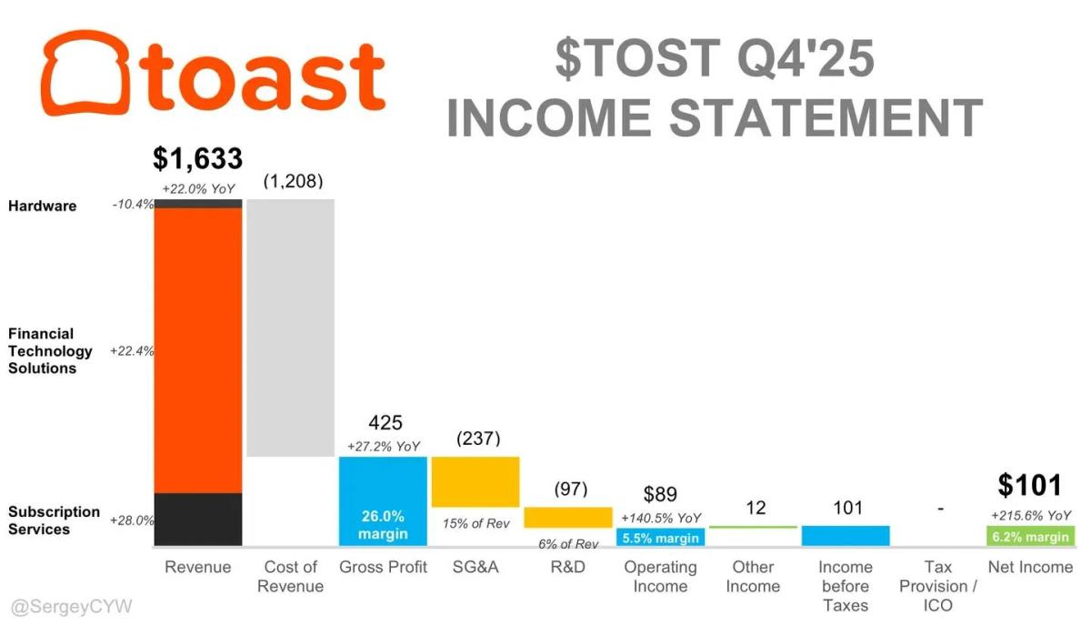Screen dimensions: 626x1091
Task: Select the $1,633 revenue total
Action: point(197,159)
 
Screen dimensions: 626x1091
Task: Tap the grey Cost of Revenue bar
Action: point(290,328)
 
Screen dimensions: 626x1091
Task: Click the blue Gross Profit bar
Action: point(383,500)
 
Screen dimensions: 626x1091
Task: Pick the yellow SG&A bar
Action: point(475,481)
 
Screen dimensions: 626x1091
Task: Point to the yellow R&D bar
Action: point(567,517)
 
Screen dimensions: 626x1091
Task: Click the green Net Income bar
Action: point(1030,536)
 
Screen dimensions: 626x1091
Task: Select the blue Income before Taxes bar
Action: point(846,536)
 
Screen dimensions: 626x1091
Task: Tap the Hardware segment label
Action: point(42,206)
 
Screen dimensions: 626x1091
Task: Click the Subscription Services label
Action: point(54,520)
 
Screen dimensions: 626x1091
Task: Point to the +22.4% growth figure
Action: point(132,350)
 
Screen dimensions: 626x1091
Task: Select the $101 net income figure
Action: point(1029,485)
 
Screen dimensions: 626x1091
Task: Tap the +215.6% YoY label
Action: point(1030,515)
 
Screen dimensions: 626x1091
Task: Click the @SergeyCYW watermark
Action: point(71,606)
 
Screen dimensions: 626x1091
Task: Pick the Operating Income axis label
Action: point(660,576)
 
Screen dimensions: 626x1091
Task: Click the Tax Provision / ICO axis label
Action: point(938,585)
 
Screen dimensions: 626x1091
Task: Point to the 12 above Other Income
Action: point(755,508)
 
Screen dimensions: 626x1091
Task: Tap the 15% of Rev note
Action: point(475,523)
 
